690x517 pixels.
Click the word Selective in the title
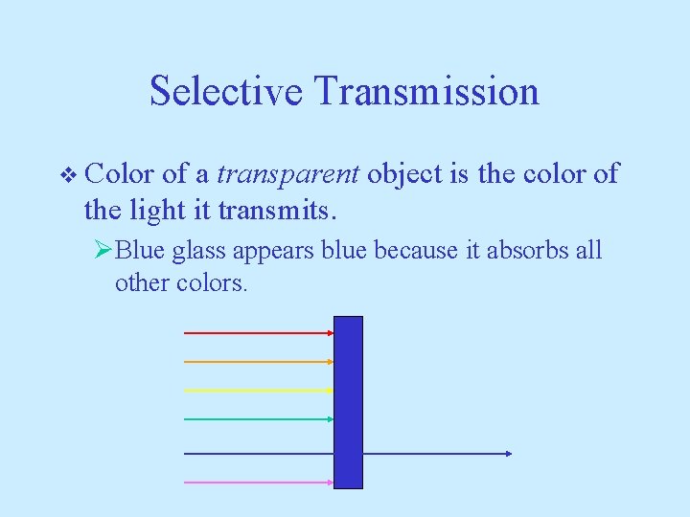[x=227, y=91]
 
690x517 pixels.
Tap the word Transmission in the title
[x=426, y=91]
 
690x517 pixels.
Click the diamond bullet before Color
[x=66, y=175]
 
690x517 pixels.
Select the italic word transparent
[x=288, y=174]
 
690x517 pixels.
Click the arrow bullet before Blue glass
[x=104, y=252]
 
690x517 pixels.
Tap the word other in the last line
[x=141, y=283]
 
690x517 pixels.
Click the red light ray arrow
[x=259, y=333]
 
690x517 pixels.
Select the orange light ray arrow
[x=259, y=362]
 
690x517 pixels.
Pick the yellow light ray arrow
[x=259, y=391]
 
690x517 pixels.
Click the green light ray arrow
[x=259, y=419]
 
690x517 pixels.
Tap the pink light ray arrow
[x=259, y=483]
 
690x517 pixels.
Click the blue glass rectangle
[x=348, y=402]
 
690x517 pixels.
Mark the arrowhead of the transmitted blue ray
[x=508, y=454]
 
